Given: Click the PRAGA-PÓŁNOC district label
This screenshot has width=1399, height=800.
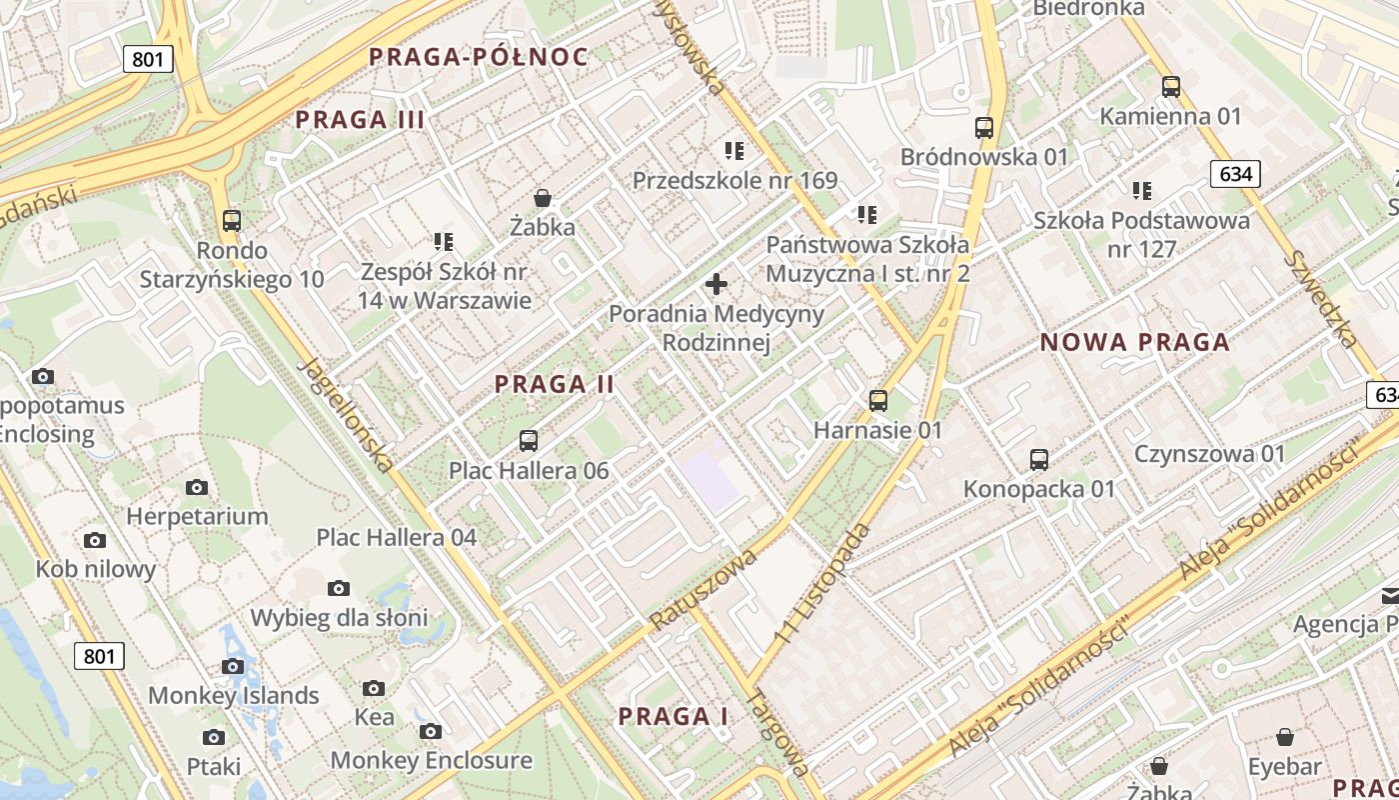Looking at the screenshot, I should click(x=479, y=57).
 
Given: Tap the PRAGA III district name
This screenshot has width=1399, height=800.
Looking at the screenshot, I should click(x=360, y=121).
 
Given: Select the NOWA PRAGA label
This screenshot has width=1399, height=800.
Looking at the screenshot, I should click(x=1135, y=343).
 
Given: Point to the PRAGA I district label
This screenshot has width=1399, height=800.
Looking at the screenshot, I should click(x=673, y=717).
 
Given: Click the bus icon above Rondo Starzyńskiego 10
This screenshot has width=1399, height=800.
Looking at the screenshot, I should click(x=232, y=221).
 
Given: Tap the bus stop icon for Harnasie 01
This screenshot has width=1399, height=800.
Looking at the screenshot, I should click(x=878, y=401).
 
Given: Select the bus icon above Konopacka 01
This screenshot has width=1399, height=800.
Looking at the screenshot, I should click(x=1039, y=460).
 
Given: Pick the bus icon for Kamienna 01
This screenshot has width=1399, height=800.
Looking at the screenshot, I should click(x=1170, y=87).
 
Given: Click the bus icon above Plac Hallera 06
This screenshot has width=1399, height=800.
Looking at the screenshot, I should click(x=529, y=440).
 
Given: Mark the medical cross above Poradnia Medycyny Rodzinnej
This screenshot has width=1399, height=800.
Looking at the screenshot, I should click(x=716, y=285).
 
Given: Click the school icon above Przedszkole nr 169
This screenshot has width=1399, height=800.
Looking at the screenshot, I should click(x=734, y=151).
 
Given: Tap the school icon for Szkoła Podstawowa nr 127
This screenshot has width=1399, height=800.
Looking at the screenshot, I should click(x=1142, y=191).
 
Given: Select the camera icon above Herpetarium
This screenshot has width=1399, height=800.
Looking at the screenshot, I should click(x=197, y=488).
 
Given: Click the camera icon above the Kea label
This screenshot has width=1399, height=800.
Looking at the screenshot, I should click(x=374, y=688).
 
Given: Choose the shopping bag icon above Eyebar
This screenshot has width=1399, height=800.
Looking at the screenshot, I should click(x=1285, y=738).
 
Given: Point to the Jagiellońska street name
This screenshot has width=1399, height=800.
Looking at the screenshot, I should click(x=346, y=414).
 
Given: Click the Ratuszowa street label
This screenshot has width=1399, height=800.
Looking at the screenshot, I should click(x=703, y=589).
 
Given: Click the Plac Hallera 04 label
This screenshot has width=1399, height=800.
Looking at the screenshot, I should click(x=397, y=537).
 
